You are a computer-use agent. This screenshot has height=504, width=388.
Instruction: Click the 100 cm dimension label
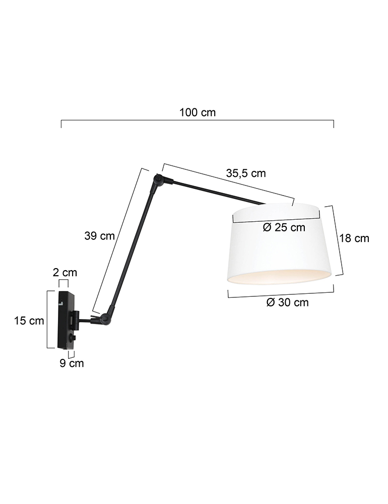pos(198,112)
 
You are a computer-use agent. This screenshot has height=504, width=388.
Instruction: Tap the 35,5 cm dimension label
pos(246,173)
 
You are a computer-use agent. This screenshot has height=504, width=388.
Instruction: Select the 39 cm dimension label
pos(100,235)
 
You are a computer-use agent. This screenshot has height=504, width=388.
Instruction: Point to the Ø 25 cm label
pos(284,227)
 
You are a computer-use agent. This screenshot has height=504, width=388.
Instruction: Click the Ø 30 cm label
pos(287,302)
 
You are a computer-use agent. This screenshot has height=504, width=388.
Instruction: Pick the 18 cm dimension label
pos(354,238)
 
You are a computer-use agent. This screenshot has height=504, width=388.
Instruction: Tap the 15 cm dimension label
pos(29,321)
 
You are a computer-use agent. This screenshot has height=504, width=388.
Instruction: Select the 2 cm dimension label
pos(65,273)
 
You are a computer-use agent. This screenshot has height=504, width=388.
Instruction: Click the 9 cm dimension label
pos(72,363)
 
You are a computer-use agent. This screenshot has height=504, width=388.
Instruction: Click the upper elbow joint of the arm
pos(159,179)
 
